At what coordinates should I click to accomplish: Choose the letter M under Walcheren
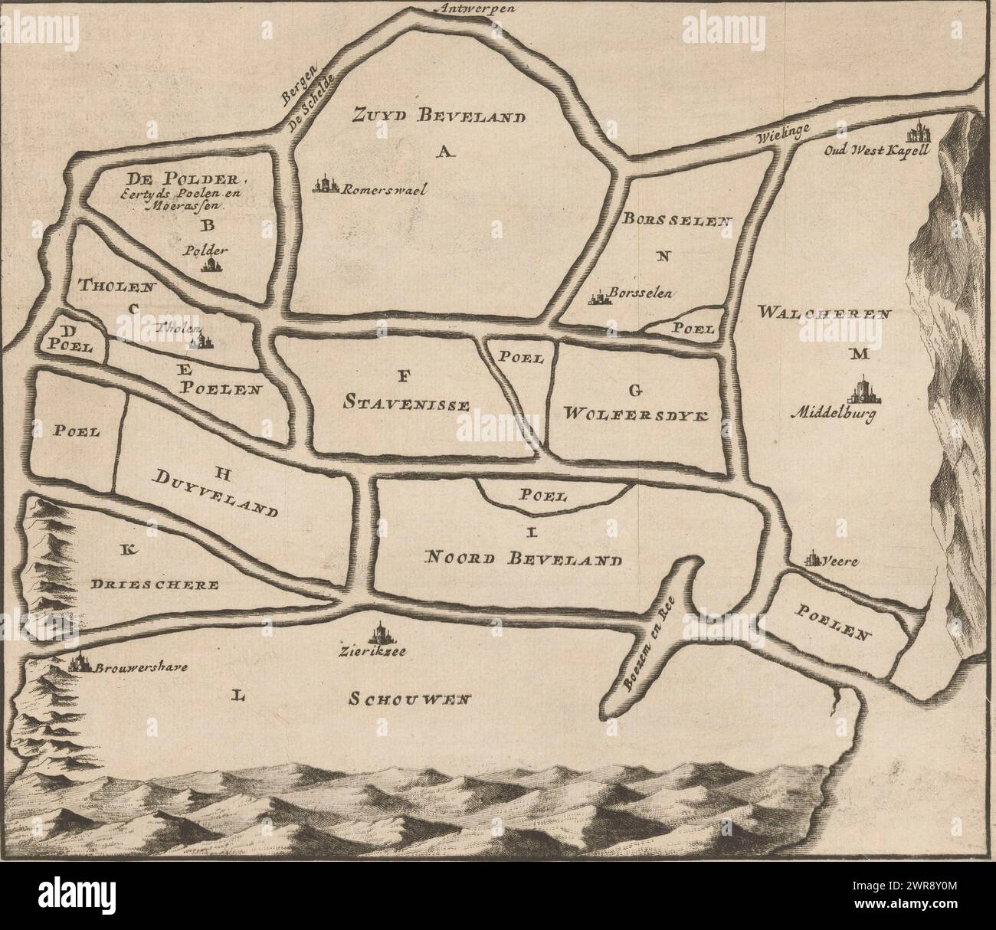pos(857,354)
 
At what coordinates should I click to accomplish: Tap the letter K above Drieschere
pos(128,548)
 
